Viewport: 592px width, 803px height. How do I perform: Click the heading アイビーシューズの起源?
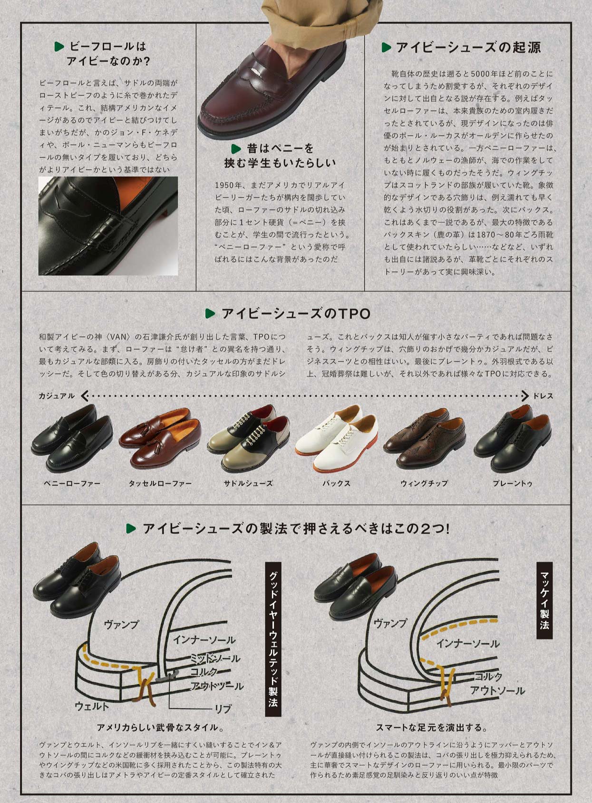click(468, 48)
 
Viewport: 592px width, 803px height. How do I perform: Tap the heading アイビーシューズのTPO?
click(296, 313)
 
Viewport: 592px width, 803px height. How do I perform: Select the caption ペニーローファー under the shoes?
click(72, 483)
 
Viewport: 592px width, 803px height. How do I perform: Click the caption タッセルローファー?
click(160, 483)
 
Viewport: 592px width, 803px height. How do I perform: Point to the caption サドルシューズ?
click(248, 483)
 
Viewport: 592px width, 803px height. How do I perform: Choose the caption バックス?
click(336, 483)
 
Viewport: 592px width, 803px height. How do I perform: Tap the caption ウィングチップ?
click(424, 483)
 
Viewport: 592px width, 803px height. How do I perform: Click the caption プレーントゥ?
click(513, 483)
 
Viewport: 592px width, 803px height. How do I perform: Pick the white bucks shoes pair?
click(337, 438)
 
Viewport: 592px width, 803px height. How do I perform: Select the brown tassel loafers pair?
click(160, 438)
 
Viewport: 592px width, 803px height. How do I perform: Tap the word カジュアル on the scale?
click(57, 396)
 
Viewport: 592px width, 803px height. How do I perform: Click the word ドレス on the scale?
click(543, 396)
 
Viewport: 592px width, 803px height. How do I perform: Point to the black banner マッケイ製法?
click(545, 600)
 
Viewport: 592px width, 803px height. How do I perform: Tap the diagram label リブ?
click(223, 709)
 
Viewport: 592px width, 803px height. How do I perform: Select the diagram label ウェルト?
click(92, 706)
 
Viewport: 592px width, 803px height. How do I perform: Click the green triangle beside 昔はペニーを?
click(236, 148)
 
